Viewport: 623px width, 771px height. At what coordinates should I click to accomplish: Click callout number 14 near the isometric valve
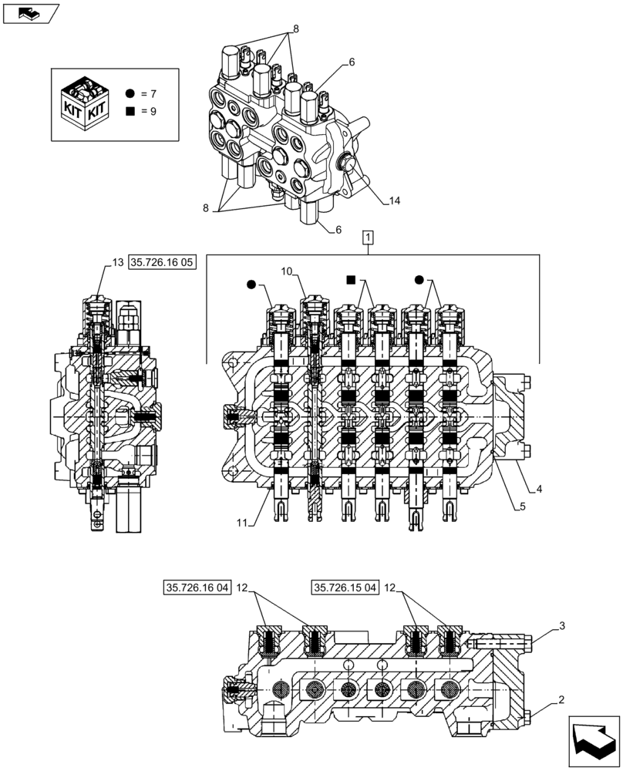point(394,202)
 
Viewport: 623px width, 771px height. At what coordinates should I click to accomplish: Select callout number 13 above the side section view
point(117,263)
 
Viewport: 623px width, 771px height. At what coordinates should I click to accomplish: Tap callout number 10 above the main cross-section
point(287,271)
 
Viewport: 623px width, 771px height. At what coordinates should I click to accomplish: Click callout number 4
point(539,489)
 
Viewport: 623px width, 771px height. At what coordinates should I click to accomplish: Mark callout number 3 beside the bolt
point(563,625)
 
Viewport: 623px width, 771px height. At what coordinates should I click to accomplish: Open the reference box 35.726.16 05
point(163,263)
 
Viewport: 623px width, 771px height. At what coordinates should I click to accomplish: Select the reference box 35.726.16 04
point(197,588)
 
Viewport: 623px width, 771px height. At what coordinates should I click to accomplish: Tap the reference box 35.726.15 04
point(345,588)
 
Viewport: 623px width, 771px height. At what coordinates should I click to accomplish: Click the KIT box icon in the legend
point(86,103)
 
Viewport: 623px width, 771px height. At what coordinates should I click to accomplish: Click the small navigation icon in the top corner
point(30,12)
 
